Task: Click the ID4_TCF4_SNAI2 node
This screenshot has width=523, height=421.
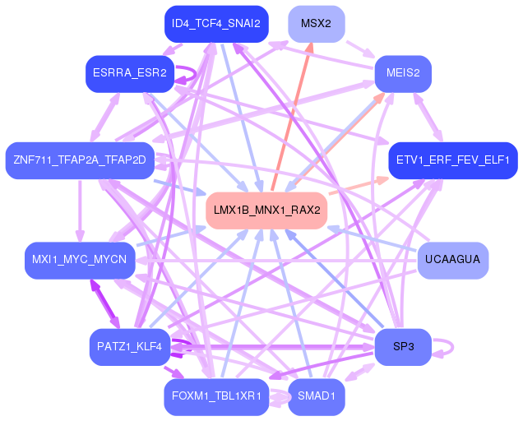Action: point(215,24)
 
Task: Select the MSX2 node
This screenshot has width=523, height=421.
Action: point(316,24)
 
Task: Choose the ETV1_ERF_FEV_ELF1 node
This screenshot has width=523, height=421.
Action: point(452,159)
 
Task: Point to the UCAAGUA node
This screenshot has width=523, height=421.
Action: point(452,261)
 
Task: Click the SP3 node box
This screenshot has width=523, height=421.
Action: point(402,347)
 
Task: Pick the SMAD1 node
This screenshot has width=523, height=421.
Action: point(316,397)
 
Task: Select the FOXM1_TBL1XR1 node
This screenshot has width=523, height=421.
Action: point(215,397)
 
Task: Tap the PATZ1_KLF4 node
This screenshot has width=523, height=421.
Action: point(130,347)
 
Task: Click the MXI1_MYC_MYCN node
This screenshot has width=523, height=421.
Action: point(79,261)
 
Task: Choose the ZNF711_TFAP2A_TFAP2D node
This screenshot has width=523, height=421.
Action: point(79,159)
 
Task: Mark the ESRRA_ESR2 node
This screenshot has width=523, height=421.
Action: point(129,73)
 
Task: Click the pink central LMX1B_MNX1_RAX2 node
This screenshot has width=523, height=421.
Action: point(266,210)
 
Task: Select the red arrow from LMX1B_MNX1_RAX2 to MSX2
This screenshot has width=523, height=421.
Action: point(292,115)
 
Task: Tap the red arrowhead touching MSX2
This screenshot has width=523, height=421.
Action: point(311,48)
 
